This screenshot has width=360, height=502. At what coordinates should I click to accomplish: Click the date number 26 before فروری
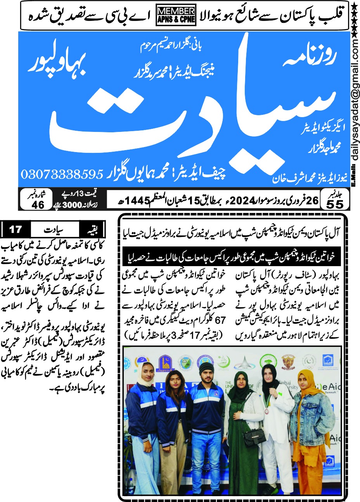tap(312, 200)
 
